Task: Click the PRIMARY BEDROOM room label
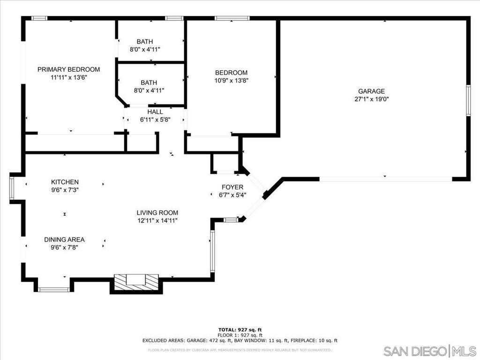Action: [68, 69]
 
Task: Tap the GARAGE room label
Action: [371, 91]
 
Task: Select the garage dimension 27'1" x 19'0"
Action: [371, 99]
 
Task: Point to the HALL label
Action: [155, 112]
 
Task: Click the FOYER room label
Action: [232, 187]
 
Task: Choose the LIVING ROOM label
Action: [157, 213]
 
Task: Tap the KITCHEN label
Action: [65, 182]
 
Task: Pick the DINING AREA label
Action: [64, 240]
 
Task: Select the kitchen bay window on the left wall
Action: [12, 188]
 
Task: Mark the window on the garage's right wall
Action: [468, 100]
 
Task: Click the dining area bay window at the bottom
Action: [53, 289]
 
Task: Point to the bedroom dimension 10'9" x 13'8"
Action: [231, 81]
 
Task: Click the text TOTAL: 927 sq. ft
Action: [240, 330]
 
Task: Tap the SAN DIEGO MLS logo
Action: [430, 351]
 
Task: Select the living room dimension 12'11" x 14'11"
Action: [157, 220]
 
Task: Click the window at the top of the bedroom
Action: [232, 18]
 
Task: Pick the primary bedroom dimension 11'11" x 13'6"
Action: [69, 77]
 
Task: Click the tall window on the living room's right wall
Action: [212, 251]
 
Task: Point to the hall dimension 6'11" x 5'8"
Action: [155, 120]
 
